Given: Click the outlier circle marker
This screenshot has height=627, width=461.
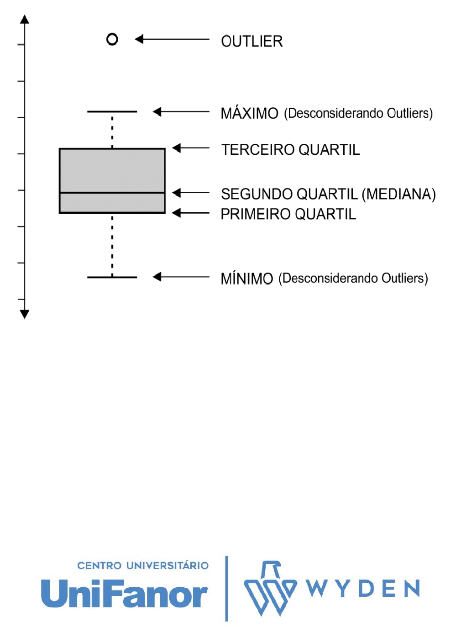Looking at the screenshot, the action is pos(112,39).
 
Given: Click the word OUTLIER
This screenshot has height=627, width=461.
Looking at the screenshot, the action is pos(251,41).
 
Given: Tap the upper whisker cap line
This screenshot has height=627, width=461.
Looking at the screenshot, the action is pos(112,111).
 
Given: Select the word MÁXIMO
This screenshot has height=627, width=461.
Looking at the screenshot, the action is pos(249,113).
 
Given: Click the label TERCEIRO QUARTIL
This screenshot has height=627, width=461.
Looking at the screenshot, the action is pos(290,150).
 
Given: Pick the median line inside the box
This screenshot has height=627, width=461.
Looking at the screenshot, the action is pos(112,193).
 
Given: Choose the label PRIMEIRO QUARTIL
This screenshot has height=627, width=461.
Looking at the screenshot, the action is pos(288,214).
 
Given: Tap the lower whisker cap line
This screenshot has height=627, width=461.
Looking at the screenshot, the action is pos(112,277).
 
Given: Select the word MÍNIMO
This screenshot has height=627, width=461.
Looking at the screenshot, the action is pos(246,279).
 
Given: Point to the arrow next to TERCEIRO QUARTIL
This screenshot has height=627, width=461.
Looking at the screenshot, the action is pos(190,148).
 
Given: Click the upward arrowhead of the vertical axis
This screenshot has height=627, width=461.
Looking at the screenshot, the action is pos(25,19).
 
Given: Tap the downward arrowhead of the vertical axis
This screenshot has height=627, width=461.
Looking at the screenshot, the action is pos(25,314).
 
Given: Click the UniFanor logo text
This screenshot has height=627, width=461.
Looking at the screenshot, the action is pos(124,594).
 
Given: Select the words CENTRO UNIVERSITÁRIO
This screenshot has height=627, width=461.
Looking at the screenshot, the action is pos(143,565).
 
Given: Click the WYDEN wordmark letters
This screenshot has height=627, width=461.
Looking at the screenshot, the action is pos(363,589).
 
